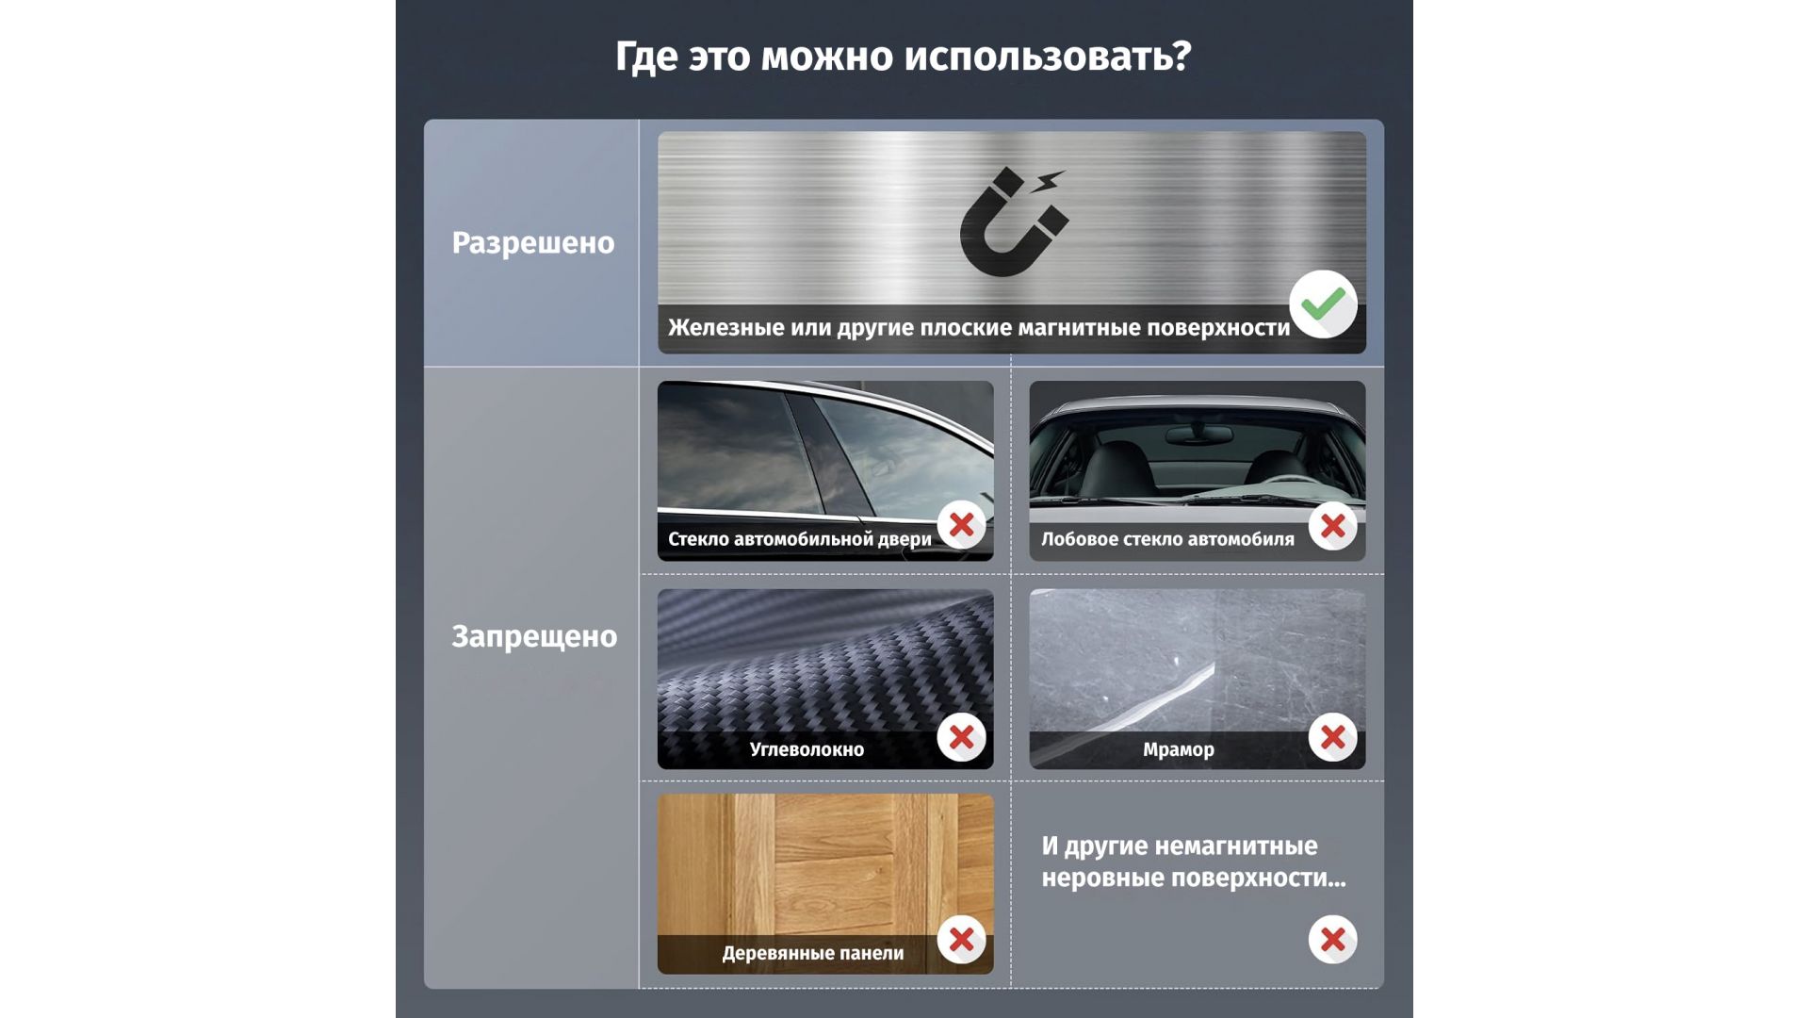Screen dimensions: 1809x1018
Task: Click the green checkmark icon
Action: (1323, 304)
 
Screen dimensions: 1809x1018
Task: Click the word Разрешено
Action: (533, 243)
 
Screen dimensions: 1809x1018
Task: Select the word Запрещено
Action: (534, 636)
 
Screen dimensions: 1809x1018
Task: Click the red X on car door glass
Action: (961, 525)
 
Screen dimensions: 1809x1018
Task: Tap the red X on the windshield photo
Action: (1332, 526)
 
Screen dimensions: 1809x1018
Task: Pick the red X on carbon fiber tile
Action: (961, 737)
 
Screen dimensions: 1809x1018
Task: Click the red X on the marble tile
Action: (1332, 737)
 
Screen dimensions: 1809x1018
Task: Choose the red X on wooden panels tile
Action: (961, 940)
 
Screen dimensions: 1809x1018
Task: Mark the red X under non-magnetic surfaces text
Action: (1332, 940)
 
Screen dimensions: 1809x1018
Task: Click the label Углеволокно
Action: (807, 749)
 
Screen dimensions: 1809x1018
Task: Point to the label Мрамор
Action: (1179, 749)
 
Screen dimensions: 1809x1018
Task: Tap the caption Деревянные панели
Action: (813, 953)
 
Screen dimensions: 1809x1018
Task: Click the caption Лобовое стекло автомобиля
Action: (1167, 539)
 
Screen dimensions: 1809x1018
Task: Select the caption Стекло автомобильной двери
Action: (800, 539)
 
